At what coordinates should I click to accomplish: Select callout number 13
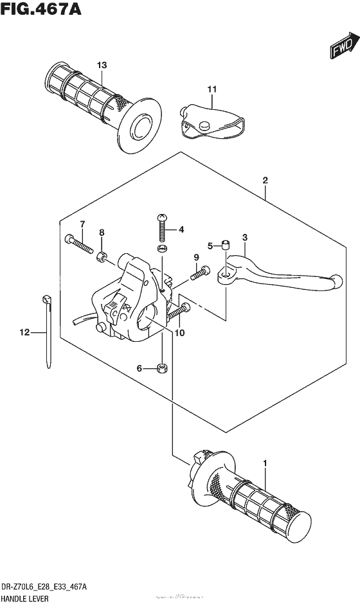[x=102, y=65]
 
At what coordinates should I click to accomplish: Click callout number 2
[x=264, y=182]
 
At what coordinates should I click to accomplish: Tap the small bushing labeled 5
[x=226, y=244]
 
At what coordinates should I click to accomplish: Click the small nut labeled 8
[x=102, y=258]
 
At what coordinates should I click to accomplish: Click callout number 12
[x=24, y=332]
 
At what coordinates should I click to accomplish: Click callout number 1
[x=264, y=463]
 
